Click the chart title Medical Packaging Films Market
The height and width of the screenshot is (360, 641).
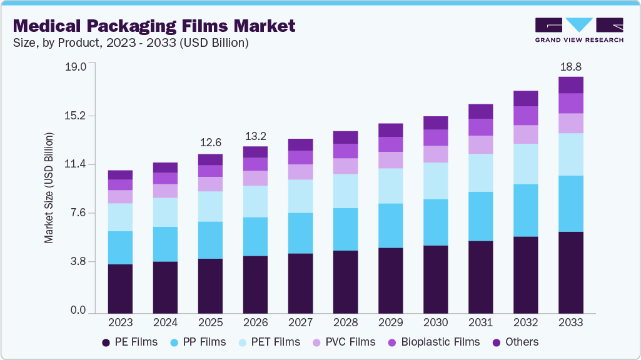coord(154,26)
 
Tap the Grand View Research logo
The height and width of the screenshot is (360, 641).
coord(578,29)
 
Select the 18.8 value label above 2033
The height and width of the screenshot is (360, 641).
coord(570,66)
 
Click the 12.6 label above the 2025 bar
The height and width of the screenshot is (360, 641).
coord(210,143)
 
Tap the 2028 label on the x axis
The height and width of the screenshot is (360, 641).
coord(345,322)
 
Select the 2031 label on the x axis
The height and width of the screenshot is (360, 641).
coord(480,322)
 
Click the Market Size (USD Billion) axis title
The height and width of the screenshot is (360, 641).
coord(49,187)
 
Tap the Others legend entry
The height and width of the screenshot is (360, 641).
coord(515,342)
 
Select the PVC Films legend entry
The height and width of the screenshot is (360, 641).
coord(345,342)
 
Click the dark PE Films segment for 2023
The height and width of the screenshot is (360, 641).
coord(120,288)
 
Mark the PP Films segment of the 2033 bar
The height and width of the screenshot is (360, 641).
coord(570,204)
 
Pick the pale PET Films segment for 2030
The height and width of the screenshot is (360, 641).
coord(435,181)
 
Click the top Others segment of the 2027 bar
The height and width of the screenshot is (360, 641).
coord(300,144)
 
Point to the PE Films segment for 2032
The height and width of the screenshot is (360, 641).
coord(525,274)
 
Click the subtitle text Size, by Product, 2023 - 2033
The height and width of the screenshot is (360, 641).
coord(131,43)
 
